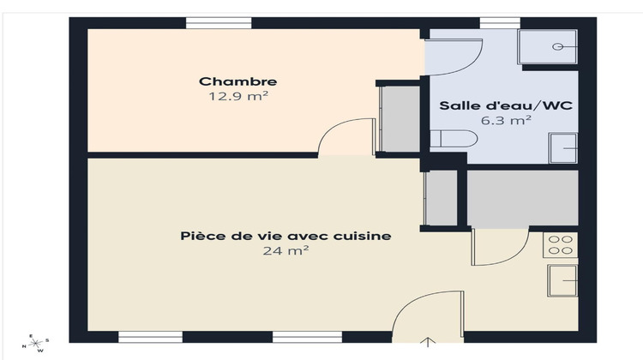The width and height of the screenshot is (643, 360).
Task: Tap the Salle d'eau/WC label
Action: click(505, 106)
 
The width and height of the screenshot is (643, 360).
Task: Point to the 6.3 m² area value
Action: click(505, 121)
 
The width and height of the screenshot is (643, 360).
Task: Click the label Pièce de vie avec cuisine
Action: click(285, 236)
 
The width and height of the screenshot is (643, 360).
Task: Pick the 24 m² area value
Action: click(285, 250)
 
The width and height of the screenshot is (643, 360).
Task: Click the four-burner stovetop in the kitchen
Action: click(562, 245)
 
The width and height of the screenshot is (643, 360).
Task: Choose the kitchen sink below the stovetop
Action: click(563, 279)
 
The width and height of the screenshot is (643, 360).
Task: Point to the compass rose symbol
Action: click(37, 345)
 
